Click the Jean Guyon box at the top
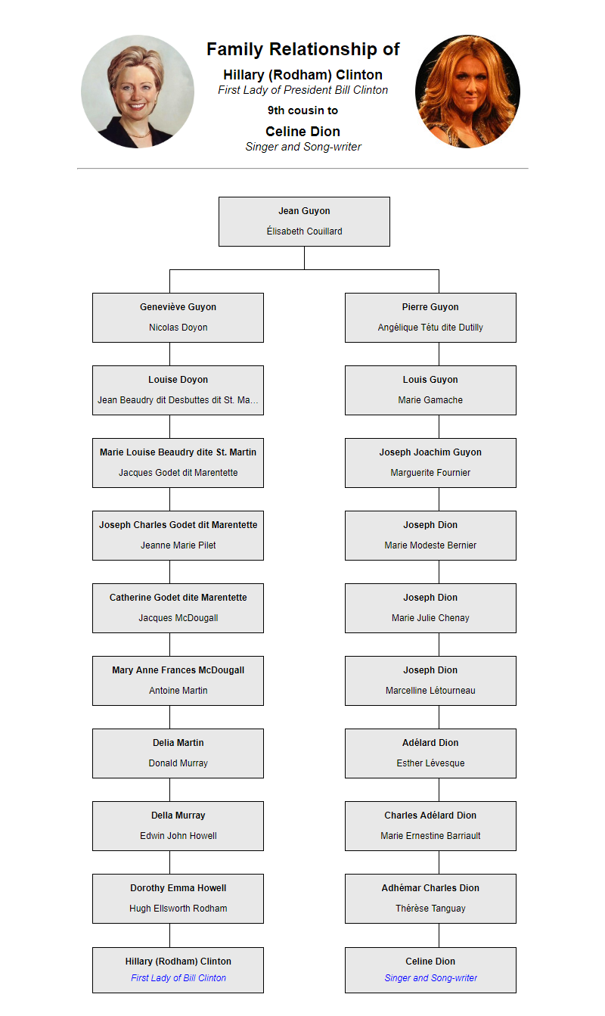point(304,222)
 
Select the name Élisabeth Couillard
point(304,231)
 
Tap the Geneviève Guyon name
point(178,307)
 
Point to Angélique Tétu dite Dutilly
point(430,328)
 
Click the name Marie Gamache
point(430,400)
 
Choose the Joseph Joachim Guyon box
point(430,463)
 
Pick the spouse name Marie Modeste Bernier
point(430,545)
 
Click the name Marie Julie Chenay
point(430,618)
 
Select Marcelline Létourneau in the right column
point(430,691)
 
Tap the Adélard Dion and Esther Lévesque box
point(430,753)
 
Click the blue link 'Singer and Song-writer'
point(430,978)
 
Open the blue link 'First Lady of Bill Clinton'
point(178,978)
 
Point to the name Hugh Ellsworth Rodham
point(178,908)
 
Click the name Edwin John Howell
point(178,835)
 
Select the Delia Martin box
point(178,753)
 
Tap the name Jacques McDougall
point(178,618)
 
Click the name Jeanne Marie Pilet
point(178,545)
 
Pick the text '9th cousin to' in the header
point(302,110)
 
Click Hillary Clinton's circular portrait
point(138,92)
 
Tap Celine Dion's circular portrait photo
point(467,92)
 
